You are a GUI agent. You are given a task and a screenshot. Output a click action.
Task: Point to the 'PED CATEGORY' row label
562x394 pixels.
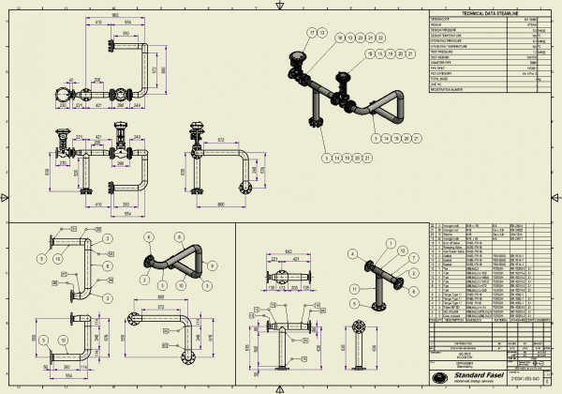pyautogui.click(x=440, y=72)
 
